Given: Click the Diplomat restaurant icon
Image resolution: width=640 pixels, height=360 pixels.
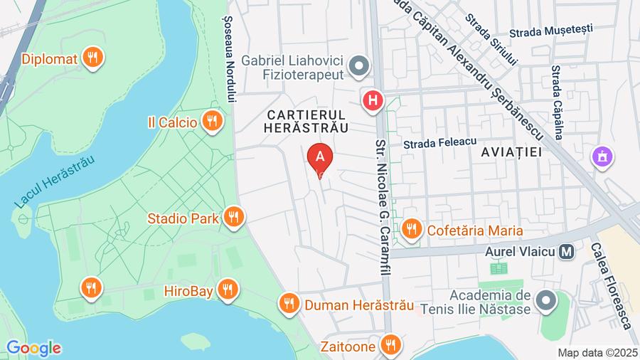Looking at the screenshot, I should click(92, 58).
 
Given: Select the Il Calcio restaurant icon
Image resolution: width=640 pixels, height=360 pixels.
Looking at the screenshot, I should click(212, 122).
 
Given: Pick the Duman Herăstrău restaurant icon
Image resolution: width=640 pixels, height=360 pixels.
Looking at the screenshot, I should click(288, 305).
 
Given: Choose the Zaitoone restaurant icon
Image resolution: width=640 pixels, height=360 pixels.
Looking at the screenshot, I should click(389, 346).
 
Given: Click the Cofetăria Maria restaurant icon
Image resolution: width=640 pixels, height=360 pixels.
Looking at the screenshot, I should click(410, 229).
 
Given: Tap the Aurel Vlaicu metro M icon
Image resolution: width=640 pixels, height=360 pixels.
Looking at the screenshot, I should click(567, 251).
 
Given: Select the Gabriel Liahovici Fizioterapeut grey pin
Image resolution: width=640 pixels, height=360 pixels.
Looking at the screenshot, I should click(360, 66).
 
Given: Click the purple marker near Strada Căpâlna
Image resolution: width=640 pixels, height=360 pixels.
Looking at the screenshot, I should click(602, 157).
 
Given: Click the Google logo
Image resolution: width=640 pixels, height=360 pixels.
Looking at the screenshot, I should click(33, 348).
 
